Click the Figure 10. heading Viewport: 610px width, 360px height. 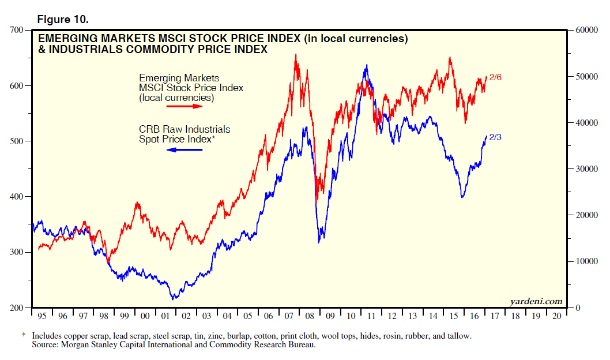click(62, 19)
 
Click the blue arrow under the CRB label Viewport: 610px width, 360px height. click(184, 150)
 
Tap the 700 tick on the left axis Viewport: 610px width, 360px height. click(17, 30)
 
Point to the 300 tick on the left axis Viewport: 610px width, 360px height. click(17, 252)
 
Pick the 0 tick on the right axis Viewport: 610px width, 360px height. click(575, 307)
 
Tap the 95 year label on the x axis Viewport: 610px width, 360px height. click(42, 317)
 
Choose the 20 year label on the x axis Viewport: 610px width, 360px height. click(557, 317)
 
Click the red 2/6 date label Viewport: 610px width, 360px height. click(495, 77)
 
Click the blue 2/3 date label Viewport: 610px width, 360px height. click(495, 137)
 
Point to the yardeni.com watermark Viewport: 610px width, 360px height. click(536, 301)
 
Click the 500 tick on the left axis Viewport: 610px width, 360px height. click(17, 141)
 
